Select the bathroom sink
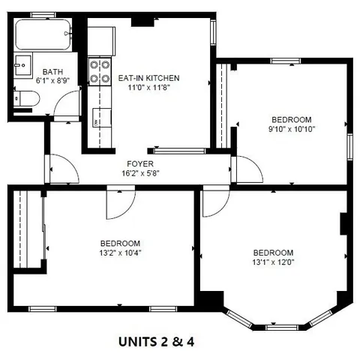pos(22,65)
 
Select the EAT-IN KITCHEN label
pos(148,78)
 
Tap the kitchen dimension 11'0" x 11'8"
pos(148,87)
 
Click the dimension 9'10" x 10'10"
pos(290,129)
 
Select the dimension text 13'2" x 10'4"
pos(121,253)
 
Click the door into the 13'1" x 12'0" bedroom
pos(215,202)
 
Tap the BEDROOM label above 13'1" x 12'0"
pos(272,253)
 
